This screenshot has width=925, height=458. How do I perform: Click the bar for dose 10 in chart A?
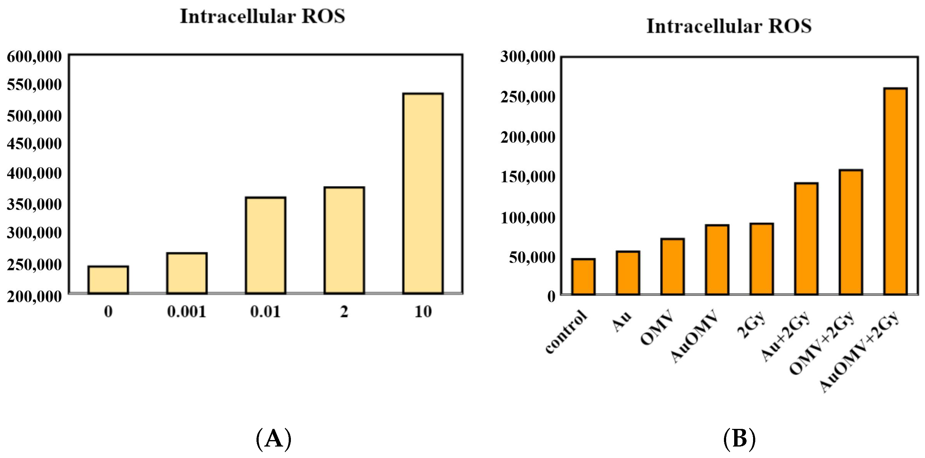tap(423, 194)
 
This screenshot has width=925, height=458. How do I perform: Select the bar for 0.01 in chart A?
tap(265, 246)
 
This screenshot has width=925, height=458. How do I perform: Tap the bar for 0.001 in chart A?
tap(187, 273)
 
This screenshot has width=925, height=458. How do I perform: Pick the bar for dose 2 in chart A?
tap(344, 241)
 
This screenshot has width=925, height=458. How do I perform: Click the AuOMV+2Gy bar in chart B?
tap(896, 191)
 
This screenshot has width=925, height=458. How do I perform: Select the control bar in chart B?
tap(584, 277)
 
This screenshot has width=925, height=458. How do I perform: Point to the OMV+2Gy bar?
tap(851, 232)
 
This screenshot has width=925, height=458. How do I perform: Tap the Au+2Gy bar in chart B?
tap(806, 239)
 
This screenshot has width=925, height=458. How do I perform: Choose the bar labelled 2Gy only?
tap(762, 259)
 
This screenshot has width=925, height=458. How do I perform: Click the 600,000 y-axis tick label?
tap(34, 57)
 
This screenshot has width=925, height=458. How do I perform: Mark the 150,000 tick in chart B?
tap(528, 177)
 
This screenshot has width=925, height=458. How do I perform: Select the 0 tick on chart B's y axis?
tap(551, 296)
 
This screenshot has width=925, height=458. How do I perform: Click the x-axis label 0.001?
tap(187, 312)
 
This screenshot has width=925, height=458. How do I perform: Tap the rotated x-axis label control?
tap(567, 332)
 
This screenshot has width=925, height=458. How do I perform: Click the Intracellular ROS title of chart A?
tap(262, 16)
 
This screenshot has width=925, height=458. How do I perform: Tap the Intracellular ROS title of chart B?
tap(729, 27)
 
